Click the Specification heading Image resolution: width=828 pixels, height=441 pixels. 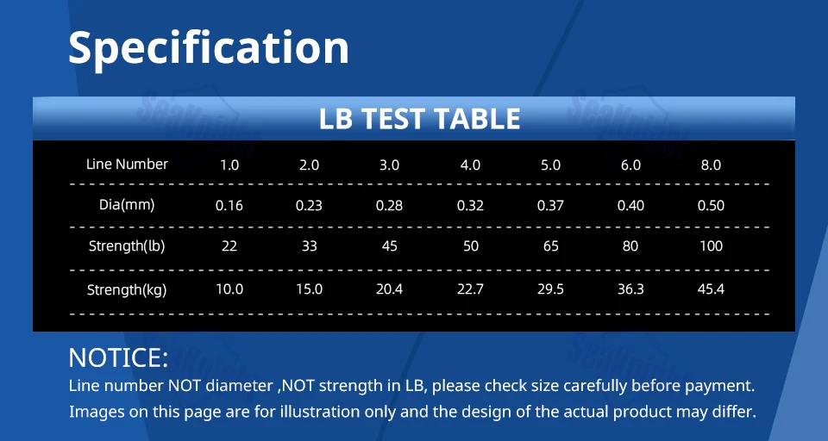point(209,48)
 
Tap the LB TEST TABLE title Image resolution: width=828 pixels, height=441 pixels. point(419,119)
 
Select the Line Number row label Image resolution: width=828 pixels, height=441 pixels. point(127,164)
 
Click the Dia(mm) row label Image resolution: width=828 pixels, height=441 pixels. point(127,205)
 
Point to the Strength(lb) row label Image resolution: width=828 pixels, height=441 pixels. point(127,245)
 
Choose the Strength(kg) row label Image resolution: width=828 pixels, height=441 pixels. point(127,289)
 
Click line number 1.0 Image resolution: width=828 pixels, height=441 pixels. point(229,165)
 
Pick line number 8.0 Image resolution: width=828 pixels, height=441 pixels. point(711,165)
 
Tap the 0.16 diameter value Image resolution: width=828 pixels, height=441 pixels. point(229,205)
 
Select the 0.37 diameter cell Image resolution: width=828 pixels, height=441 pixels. point(550,205)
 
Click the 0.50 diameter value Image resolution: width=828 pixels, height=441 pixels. point(711,205)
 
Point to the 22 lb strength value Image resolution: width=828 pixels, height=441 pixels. point(229,246)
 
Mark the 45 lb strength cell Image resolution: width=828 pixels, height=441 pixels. point(390,246)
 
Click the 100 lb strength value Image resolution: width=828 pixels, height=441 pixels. point(711,246)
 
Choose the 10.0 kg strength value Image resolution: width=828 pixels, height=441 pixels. point(229,289)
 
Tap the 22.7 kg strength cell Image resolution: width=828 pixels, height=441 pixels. point(470,289)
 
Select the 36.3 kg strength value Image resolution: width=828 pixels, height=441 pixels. point(630,289)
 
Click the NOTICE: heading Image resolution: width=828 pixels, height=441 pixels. point(118,357)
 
